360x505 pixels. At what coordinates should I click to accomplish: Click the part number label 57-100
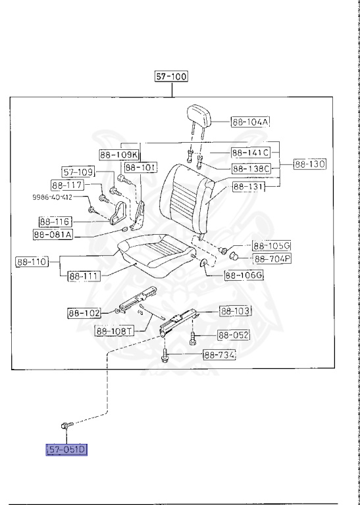pyautogui.click(x=171, y=76)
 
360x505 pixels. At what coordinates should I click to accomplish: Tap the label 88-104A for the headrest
pyautogui.click(x=251, y=122)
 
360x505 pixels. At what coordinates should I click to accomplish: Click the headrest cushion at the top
pyautogui.click(x=200, y=115)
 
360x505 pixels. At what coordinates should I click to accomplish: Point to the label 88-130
pyautogui.click(x=310, y=163)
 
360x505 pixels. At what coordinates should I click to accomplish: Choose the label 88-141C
pyautogui.click(x=250, y=153)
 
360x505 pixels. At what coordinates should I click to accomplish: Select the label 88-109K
pyautogui.click(x=119, y=155)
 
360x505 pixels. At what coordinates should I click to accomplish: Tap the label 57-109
pyautogui.click(x=79, y=172)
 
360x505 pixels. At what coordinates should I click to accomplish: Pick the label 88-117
pyautogui.click(x=67, y=185)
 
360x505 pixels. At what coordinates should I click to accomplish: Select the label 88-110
pyautogui.click(x=32, y=262)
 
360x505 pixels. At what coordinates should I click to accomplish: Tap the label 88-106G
pyautogui.click(x=244, y=276)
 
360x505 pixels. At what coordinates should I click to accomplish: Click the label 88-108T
pyautogui.click(x=115, y=331)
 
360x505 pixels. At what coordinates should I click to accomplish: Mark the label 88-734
pyautogui.click(x=219, y=355)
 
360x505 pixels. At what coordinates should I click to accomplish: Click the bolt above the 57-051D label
pyautogui.click(x=66, y=426)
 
